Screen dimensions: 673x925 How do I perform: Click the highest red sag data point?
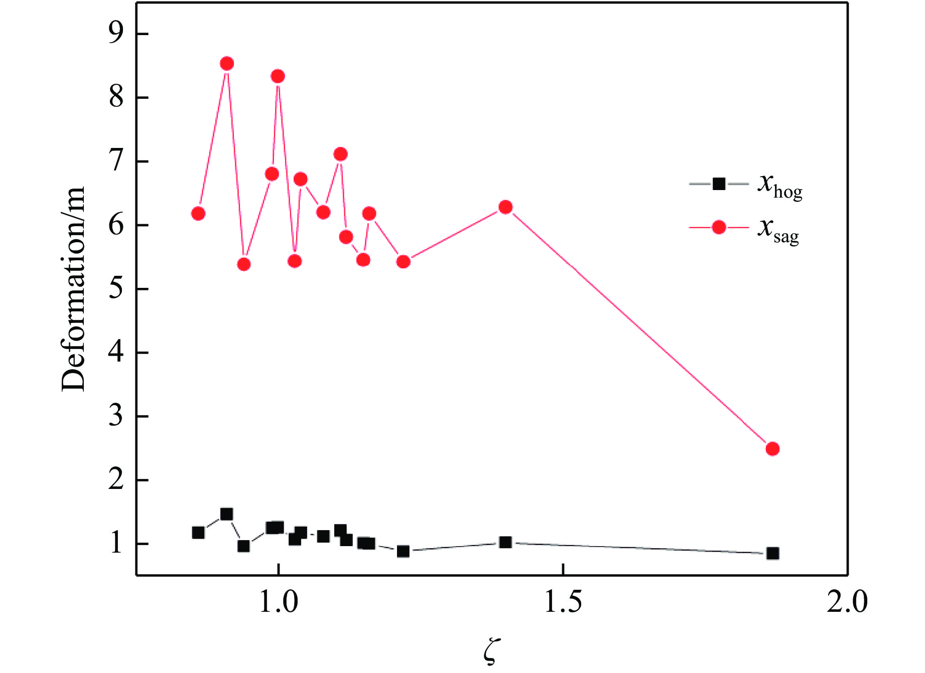(x=227, y=64)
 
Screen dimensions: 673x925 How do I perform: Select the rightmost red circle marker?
(x=772, y=448)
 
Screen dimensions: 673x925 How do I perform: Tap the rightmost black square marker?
(x=772, y=553)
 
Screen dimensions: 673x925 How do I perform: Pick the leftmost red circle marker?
(x=198, y=214)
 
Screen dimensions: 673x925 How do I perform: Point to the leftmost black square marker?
(x=198, y=533)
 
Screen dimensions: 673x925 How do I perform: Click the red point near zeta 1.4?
(x=505, y=207)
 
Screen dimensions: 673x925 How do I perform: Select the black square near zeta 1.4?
(x=505, y=542)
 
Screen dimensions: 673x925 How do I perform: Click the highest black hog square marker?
(x=227, y=514)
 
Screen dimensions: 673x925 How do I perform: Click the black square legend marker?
(x=719, y=184)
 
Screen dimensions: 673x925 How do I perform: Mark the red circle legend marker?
(x=719, y=228)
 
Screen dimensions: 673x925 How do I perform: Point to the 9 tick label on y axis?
(x=116, y=34)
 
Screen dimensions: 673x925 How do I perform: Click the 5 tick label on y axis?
(x=116, y=289)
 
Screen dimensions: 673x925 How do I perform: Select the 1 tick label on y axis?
(x=116, y=544)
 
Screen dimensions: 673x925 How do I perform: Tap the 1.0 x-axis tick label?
(x=278, y=602)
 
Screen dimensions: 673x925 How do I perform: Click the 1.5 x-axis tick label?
(x=563, y=602)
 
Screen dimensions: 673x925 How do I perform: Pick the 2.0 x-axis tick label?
(x=847, y=602)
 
